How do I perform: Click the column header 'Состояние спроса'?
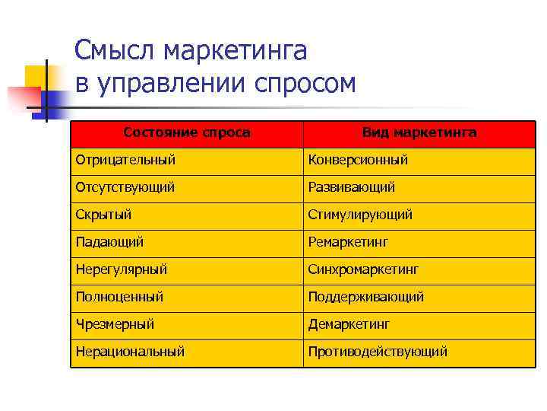pos(187,132)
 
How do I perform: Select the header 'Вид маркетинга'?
pos(419,132)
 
